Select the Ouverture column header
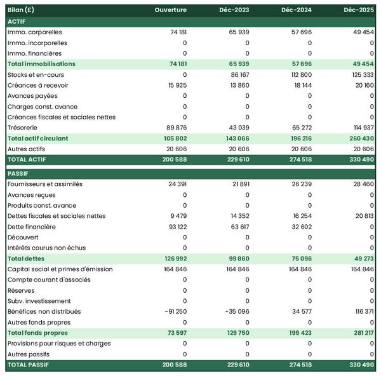tap(171, 10)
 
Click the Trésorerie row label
tap(23, 128)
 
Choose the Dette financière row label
tap(32, 227)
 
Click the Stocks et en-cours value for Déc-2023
tap(236, 74)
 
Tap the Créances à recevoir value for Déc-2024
tap(299, 85)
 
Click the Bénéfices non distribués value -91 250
tap(172, 312)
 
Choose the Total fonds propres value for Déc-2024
tap(298, 333)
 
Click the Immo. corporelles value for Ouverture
tap(174, 32)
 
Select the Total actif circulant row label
tap(37, 138)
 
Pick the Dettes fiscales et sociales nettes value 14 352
tap(236, 216)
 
